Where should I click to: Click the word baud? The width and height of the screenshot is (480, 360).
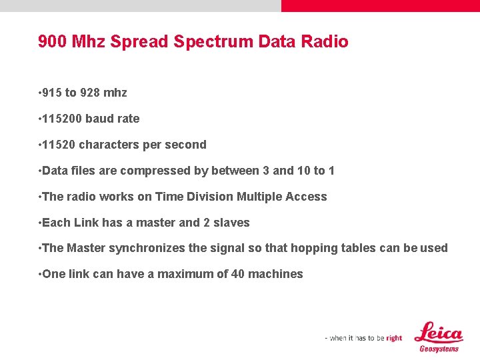(x=99, y=119)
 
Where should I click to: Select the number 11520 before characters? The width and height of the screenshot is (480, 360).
(x=59, y=145)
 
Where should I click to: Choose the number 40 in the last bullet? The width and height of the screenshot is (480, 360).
(x=237, y=274)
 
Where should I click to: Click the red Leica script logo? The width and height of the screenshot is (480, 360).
(x=438, y=332)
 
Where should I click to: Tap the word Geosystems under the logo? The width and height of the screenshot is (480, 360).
(x=439, y=349)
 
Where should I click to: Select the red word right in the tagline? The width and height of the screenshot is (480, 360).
(x=394, y=338)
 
